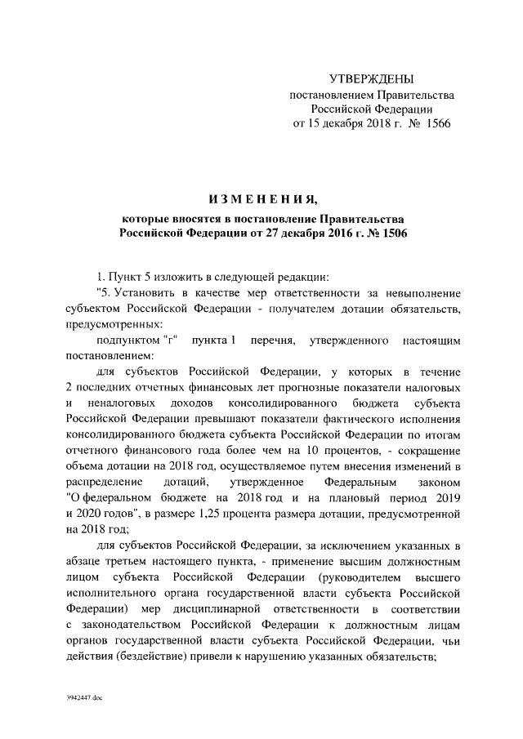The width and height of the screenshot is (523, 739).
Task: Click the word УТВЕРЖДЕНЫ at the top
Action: [371, 79]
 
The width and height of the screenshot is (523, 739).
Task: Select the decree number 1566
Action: [433, 123]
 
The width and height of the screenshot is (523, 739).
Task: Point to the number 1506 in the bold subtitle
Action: [389, 233]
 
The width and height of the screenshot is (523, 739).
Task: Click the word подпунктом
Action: [126, 339]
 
